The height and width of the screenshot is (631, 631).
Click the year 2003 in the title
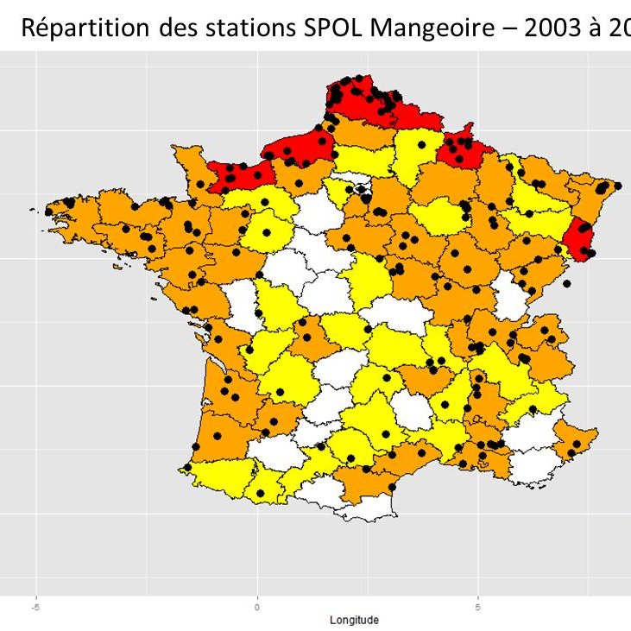[566, 28]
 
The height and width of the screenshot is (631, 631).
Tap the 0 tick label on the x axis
[257, 607]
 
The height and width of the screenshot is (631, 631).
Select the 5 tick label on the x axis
[478, 607]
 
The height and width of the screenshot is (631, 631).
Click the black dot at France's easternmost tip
[618, 185]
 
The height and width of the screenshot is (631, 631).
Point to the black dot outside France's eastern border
[566, 282]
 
